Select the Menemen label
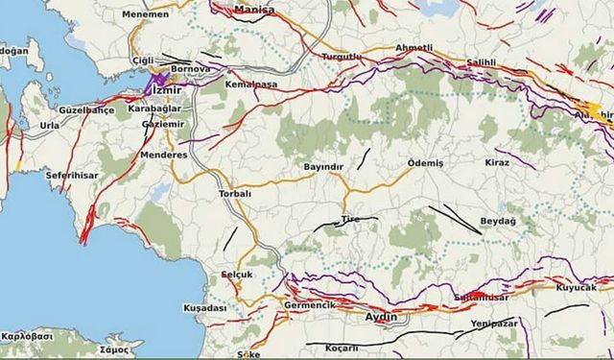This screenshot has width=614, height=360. pos(145,14)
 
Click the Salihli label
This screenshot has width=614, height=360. pos(481,61)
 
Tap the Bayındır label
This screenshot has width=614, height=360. pos(322,167)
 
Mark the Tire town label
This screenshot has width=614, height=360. pos(350,220)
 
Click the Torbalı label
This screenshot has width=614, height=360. pos(235,193)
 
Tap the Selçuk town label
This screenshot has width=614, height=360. pos(236,275)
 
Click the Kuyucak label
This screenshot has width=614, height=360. pos(576,287)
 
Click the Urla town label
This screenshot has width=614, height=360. pos(49,126)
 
